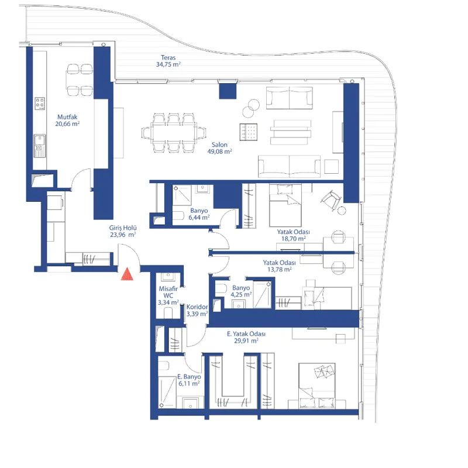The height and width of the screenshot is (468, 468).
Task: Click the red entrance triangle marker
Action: point(127,274)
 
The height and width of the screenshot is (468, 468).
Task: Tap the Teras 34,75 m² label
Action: point(168,61)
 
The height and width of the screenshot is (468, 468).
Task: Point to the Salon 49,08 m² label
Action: point(220,148)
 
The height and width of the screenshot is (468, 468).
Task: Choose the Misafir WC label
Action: point(168,295)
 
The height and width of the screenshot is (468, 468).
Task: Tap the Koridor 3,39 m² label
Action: point(197,311)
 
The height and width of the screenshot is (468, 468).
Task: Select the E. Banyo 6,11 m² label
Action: point(189,380)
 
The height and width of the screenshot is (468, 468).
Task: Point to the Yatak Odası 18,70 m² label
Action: point(294,235)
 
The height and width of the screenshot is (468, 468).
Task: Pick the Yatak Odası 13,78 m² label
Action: point(280,266)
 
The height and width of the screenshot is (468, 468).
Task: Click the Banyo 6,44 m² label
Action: point(199,214)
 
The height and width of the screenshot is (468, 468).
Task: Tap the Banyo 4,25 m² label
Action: point(241,291)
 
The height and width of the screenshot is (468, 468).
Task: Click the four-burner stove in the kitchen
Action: point(40,104)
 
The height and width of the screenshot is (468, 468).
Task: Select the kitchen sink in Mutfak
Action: point(39,145)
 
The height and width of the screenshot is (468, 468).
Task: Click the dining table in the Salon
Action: point(174,133)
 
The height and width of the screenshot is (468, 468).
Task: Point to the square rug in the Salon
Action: point(248,132)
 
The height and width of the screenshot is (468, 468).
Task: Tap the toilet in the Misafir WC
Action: point(168,312)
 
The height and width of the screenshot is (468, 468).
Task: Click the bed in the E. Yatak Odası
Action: point(317,386)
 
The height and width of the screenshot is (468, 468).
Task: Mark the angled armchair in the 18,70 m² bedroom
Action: point(331,200)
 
